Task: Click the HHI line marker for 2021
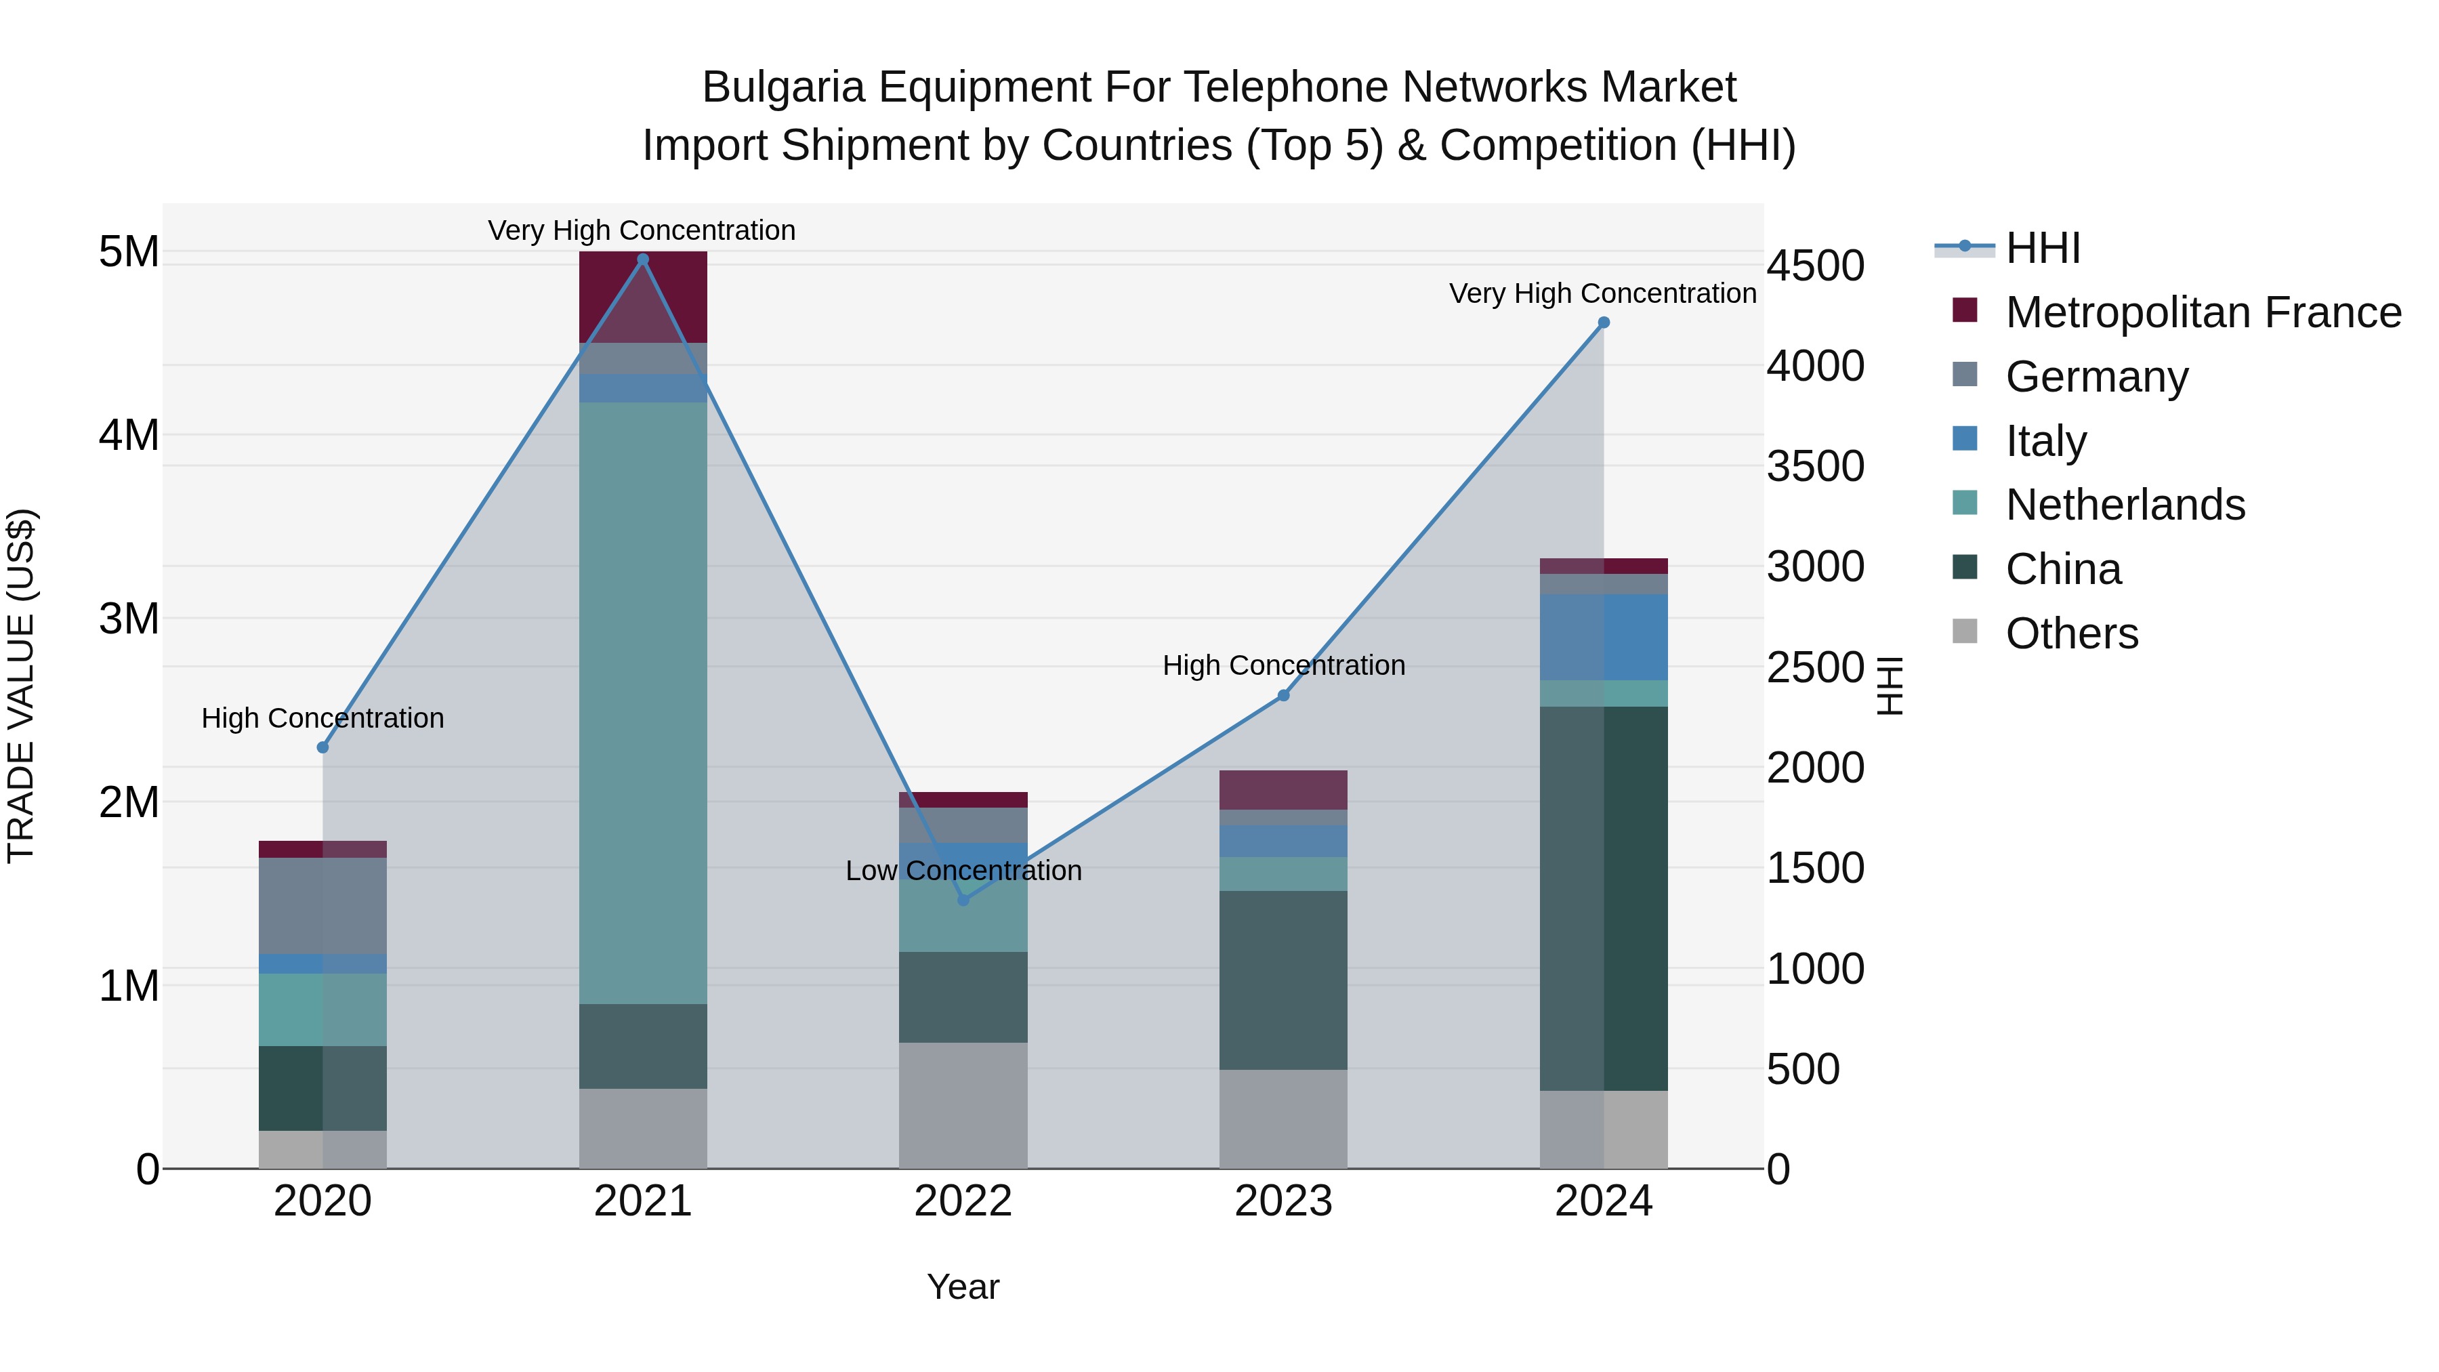[643, 259]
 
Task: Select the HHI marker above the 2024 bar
[1603, 323]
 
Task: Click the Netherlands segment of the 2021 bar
[643, 701]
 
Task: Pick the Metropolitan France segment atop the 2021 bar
[643, 295]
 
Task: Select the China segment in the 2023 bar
[1283, 980]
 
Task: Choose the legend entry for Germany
[2096, 376]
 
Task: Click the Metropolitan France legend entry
[2203, 312]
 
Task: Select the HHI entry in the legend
[2042, 248]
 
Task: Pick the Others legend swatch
[1965, 631]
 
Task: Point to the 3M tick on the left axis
[129, 619]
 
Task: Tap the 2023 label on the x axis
[1283, 1201]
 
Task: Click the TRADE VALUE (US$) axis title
[21, 686]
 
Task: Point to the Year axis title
[963, 1287]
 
